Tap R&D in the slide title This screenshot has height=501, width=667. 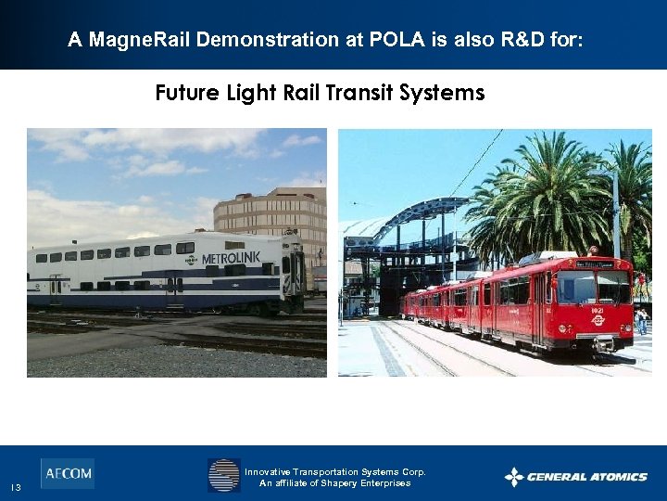click(511, 40)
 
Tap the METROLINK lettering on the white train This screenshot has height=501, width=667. click(231, 257)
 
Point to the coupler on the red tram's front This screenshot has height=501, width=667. click(602, 344)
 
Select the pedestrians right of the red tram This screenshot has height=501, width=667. click(641, 320)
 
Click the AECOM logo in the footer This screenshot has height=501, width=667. click(67, 473)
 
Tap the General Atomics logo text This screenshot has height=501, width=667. click(586, 477)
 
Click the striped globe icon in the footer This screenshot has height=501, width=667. click(223, 475)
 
